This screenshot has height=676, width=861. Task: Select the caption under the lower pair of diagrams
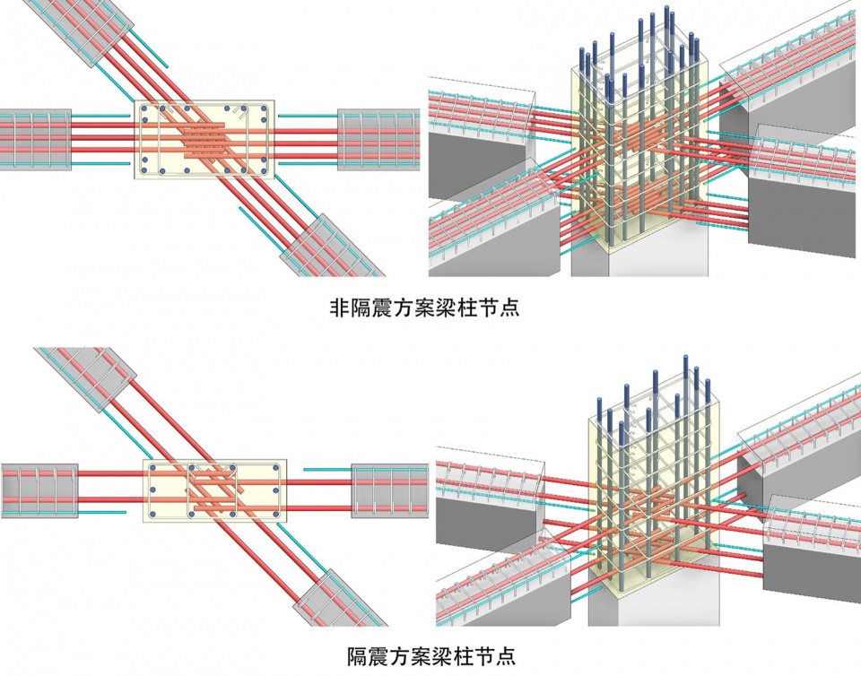[x=430, y=655]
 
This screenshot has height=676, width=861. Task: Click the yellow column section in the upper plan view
[x=205, y=139]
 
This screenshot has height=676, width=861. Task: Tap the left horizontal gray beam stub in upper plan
[x=36, y=140]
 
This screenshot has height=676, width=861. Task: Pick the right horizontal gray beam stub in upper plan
[x=378, y=140]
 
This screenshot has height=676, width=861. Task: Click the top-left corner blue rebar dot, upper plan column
[x=148, y=109]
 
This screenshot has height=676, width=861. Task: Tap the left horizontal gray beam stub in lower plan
[x=39, y=490]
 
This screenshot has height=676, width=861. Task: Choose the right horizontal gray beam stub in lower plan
[x=387, y=490]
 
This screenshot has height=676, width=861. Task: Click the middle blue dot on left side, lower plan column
[x=153, y=490]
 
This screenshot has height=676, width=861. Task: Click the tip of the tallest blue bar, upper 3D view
[x=667, y=11]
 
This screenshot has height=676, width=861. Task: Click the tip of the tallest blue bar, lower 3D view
[x=687, y=357]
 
